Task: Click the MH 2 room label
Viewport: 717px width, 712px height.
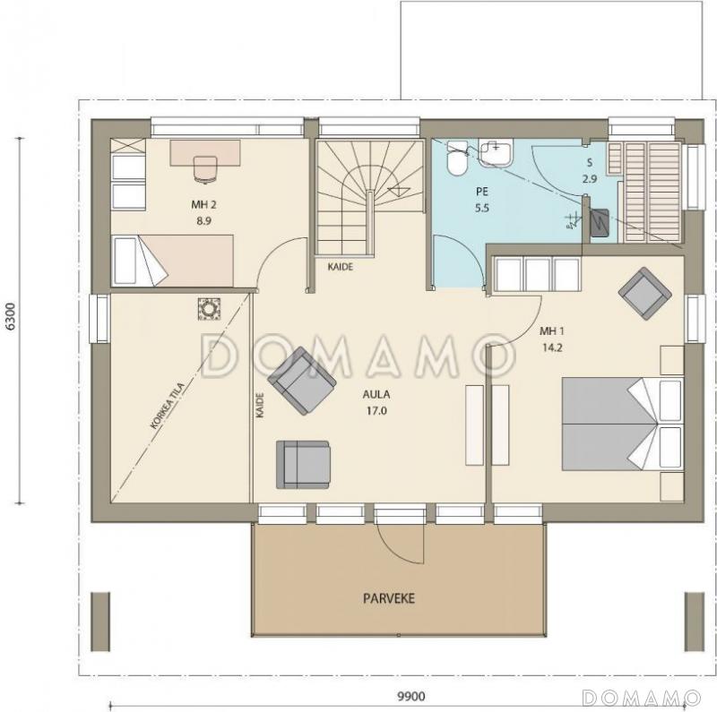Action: tap(203, 205)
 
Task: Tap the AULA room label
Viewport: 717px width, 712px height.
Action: tap(376, 394)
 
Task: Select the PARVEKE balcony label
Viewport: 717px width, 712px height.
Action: tap(389, 598)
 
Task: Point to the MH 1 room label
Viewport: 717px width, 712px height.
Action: tap(552, 330)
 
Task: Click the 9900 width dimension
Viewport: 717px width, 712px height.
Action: tap(411, 696)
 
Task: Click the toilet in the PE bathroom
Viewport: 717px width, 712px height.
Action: tap(457, 159)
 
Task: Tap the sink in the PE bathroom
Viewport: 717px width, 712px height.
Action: tap(497, 152)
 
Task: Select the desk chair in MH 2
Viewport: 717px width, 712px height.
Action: tap(205, 169)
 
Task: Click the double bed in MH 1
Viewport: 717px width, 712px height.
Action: tap(622, 424)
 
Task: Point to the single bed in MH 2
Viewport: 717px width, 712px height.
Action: tap(172, 261)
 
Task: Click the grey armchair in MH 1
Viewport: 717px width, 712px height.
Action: tap(644, 294)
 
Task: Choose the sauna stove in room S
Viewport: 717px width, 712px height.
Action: tap(600, 223)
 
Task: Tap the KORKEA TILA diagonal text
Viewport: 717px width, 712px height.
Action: tap(168, 407)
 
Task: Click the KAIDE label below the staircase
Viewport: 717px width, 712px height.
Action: tap(341, 266)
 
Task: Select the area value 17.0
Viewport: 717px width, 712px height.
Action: tap(376, 411)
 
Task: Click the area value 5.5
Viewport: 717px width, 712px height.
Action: tap(482, 208)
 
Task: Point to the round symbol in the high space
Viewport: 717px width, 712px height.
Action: tap(210, 309)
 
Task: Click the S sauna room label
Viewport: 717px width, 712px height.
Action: tap(590, 163)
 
